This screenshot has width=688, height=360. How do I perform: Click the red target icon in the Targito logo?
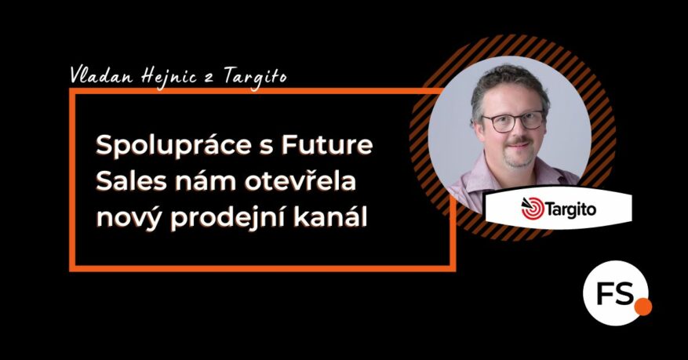pyautogui.click(x=532, y=207)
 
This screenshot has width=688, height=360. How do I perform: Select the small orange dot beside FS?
pyautogui.click(x=642, y=306)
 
